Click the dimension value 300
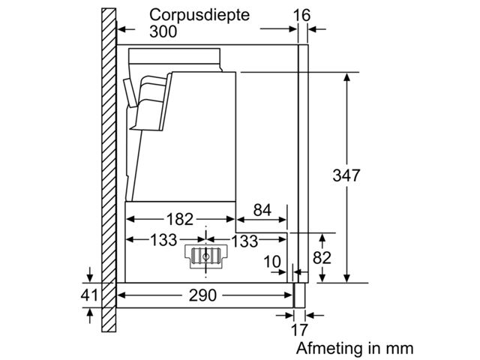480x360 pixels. pos(163,31)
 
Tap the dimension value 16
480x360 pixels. pos(302,14)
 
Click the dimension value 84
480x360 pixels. pos(262,210)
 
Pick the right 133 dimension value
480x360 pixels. pos(244,241)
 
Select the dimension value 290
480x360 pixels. pos(202,295)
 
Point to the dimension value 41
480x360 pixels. pos(89,295)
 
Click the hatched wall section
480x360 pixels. pos(107,172)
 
